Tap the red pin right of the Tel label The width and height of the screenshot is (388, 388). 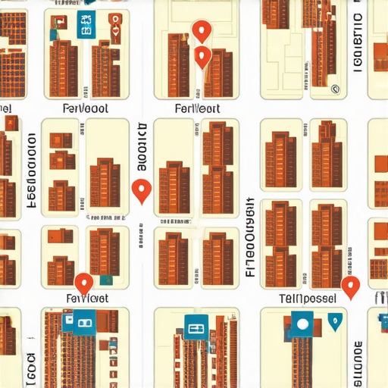pyautogui.click(x=349, y=286)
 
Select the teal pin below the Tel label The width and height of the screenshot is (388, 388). pyautogui.click(x=335, y=324)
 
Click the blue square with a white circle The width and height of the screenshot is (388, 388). pyautogui.click(x=302, y=324)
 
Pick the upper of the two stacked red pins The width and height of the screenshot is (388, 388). pyautogui.click(x=200, y=30)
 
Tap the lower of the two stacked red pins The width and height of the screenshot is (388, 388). pyautogui.click(x=202, y=56)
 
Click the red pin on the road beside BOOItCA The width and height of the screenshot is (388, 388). pyautogui.click(x=141, y=190)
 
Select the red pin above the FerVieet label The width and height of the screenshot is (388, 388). pyautogui.click(x=84, y=283)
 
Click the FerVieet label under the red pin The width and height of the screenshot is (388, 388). pyautogui.click(x=87, y=299)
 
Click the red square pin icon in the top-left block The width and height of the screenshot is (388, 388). pyautogui.click(x=113, y=31)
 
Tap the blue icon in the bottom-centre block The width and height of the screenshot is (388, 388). pyautogui.click(x=195, y=330)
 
